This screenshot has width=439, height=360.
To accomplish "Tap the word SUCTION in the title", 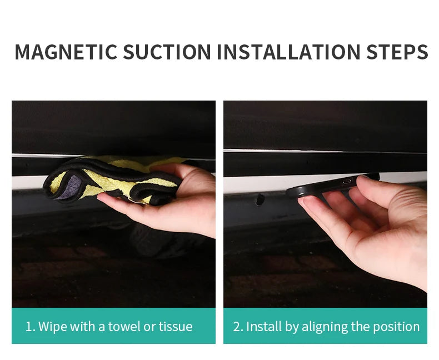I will click(167, 52).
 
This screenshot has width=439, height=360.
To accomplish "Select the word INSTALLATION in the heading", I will click(288, 52).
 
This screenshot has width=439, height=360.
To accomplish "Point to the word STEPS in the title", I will click(397, 52).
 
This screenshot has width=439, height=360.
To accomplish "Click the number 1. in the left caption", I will click(30, 327).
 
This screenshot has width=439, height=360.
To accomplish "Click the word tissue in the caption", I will click(176, 327).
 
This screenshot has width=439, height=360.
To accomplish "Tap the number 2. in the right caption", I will click(238, 327).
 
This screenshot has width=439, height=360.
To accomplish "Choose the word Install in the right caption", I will click(265, 327).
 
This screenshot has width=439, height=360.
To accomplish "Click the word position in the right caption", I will click(397, 327).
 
